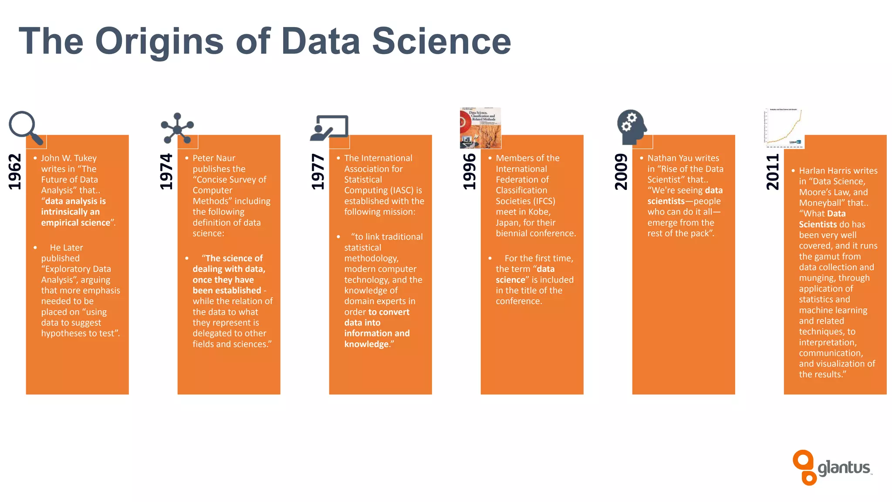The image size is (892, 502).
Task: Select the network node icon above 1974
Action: tap(177, 128)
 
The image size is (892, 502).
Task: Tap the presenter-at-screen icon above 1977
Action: tap(329, 128)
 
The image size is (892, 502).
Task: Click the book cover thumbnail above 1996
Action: tap(480, 128)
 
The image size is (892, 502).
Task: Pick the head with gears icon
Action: tap(631, 127)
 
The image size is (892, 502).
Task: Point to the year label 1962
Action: tap(15, 172)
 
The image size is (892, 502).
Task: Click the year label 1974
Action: tap(166, 172)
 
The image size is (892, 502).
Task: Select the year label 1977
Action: tap(318, 172)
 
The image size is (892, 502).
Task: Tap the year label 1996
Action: tap(470, 172)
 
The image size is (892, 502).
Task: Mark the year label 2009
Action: tap(621, 172)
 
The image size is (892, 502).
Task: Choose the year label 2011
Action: tap(773, 172)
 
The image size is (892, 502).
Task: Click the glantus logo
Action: tap(832, 468)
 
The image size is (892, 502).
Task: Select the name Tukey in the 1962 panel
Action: tap(85, 158)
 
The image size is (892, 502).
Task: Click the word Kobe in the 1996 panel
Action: tap(539, 212)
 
